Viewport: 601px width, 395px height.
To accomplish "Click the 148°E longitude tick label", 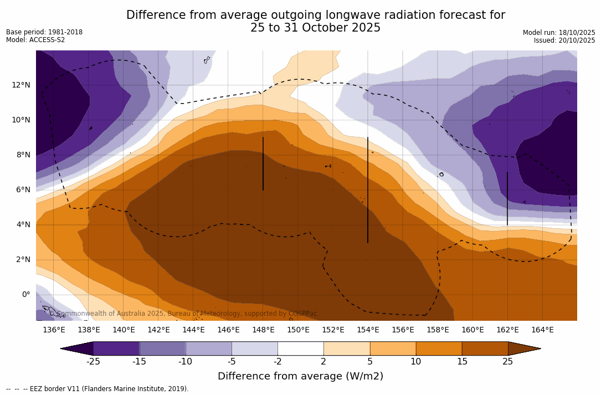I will pos(263,330).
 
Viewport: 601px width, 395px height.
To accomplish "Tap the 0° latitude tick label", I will pos(26,294).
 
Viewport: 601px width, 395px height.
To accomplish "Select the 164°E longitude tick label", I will pos(542,330).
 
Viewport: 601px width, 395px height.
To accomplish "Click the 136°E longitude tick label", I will pos(54,330).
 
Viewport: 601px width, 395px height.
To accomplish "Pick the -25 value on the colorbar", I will pos(93,362).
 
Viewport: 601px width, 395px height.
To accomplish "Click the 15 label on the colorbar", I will pos(461,362).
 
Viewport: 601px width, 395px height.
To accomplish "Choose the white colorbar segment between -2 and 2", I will pos(300,348).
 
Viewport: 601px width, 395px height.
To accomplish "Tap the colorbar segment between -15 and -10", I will pos(162,348).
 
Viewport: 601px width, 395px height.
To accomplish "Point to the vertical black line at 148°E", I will pos(263,163).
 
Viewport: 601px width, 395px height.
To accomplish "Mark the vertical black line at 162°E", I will pos(507,198).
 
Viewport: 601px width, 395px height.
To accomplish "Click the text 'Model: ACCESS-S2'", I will pos(35,40).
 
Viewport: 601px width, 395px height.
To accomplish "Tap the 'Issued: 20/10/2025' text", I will pos(564,40).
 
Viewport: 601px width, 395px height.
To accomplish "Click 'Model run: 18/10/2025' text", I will pos(559,33).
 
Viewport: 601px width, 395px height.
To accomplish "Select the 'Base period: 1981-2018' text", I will pos(44,32).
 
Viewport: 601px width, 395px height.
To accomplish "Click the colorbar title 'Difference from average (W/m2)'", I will pos(300,376).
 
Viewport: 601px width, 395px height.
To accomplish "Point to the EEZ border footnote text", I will pos(97,389).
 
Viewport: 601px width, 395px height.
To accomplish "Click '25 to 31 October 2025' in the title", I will pos(315,28).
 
